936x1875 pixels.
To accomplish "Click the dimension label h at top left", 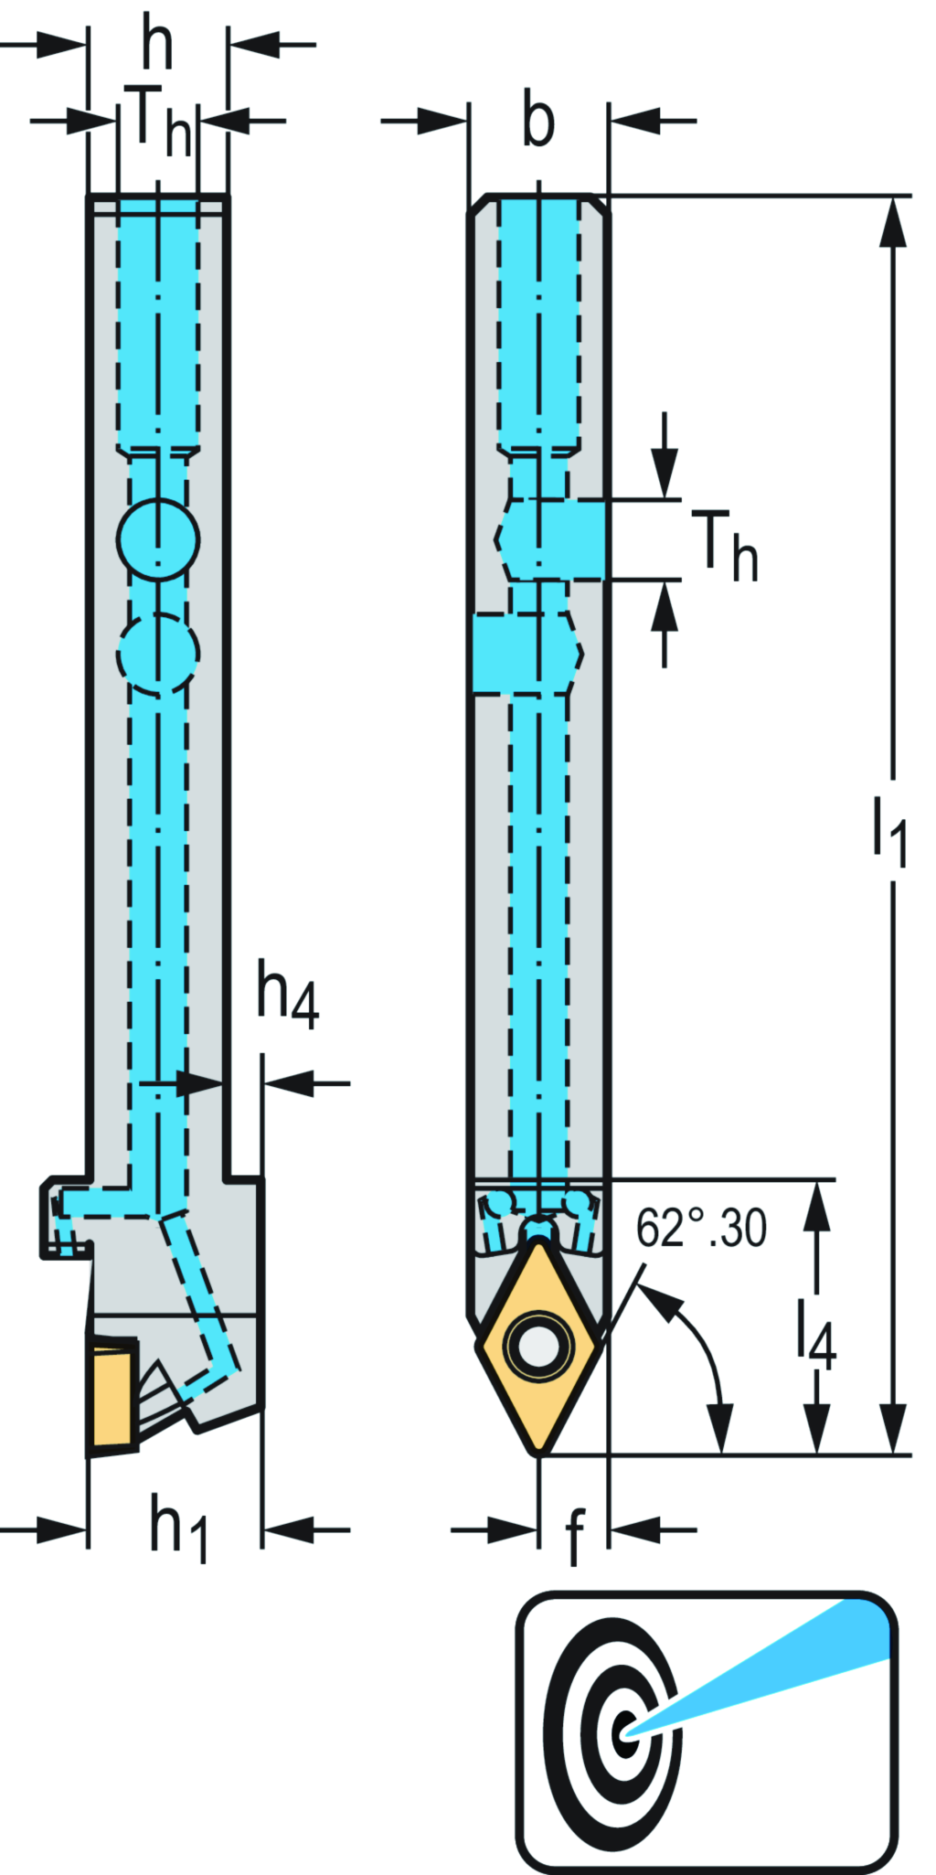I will (x=157, y=44).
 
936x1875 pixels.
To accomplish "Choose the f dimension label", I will (x=574, y=1536).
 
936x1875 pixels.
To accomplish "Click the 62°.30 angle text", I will (x=701, y=1229).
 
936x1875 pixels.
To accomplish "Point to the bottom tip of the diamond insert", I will (x=539, y=1452).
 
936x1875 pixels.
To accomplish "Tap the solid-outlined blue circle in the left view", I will (x=158, y=539).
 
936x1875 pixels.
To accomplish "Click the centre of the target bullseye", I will (x=626, y=1731).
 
